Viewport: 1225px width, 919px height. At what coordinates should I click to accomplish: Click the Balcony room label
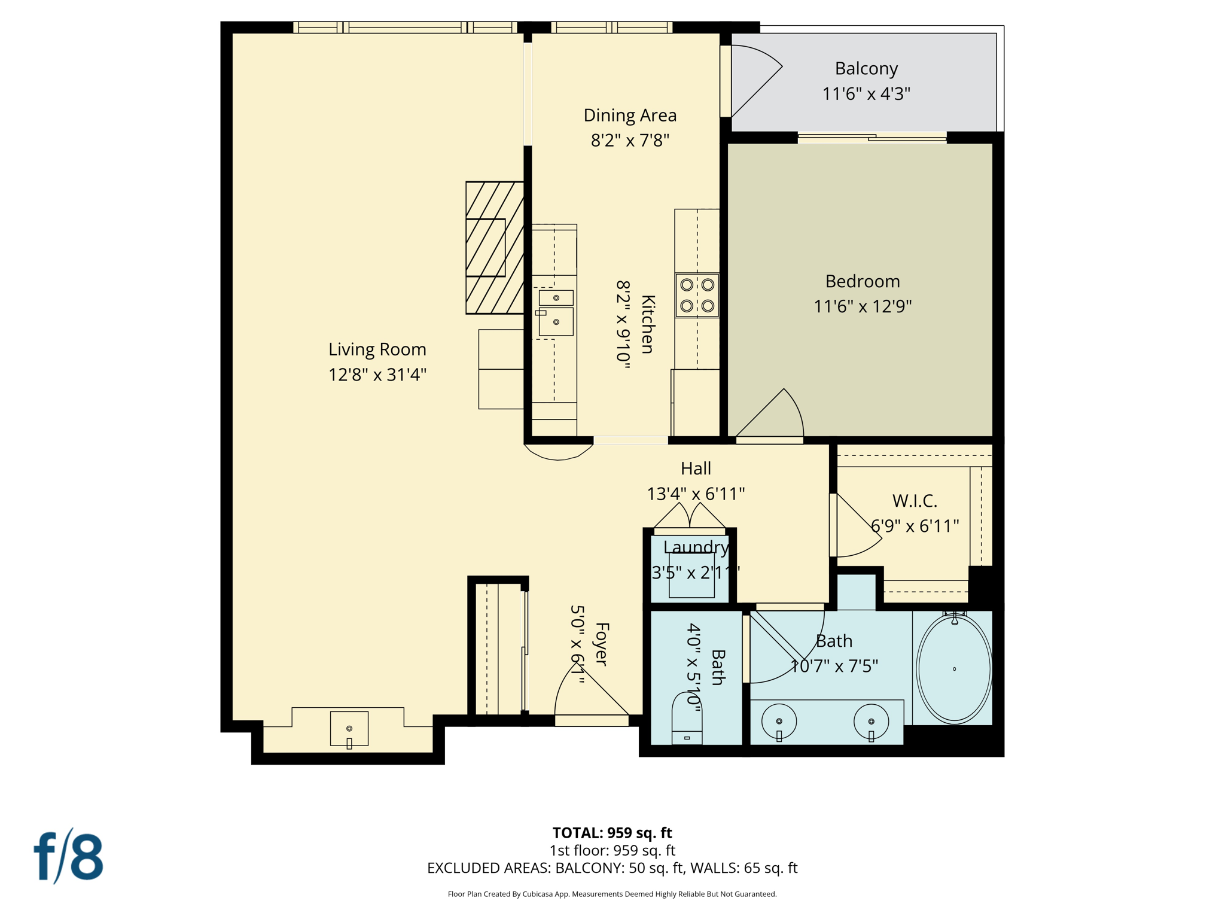point(866,69)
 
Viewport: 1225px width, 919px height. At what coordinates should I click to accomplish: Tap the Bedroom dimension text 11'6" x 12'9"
point(862,306)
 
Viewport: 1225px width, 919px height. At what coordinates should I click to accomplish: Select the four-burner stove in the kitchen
point(697,295)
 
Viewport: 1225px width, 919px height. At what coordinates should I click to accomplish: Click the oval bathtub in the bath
point(953,668)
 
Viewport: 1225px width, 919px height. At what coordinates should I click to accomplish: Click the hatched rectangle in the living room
point(495,247)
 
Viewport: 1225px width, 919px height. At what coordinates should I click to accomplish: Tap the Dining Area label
point(630,115)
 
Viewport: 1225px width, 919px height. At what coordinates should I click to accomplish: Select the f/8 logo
point(68,856)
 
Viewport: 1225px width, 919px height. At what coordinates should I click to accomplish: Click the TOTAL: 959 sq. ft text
point(612,832)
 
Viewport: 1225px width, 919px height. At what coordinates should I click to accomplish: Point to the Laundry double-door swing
point(690,516)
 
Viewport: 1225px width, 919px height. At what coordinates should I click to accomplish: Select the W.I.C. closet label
point(914,501)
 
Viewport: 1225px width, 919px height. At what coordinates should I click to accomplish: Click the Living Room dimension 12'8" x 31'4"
point(377,375)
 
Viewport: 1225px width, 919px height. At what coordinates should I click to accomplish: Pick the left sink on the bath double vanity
point(779,722)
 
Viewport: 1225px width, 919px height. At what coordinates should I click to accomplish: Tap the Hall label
point(696,468)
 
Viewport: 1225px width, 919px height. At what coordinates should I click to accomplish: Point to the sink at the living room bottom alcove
point(349,729)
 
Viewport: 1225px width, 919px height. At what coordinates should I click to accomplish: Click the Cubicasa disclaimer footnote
point(612,894)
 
